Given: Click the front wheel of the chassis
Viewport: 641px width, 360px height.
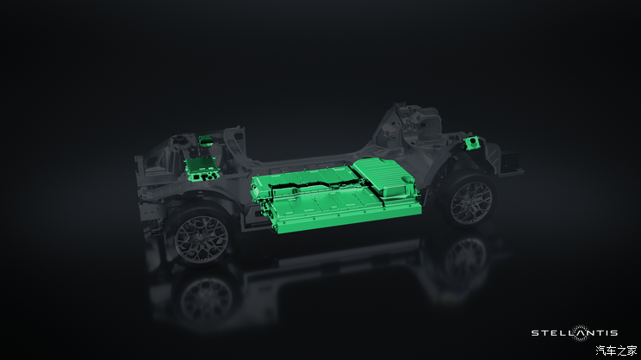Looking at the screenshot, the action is [x=200, y=237].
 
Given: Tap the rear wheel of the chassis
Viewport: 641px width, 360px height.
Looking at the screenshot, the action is [x=470, y=202].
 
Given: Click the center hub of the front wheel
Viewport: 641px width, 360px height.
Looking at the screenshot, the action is [x=201, y=239].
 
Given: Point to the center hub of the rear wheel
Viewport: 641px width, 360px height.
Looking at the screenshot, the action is [x=471, y=203].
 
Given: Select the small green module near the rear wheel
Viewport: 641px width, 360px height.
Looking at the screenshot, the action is [x=471, y=143].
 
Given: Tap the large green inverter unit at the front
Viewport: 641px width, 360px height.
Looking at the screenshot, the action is [x=201, y=168].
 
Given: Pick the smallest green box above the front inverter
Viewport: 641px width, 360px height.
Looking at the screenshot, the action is [x=206, y=140].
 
